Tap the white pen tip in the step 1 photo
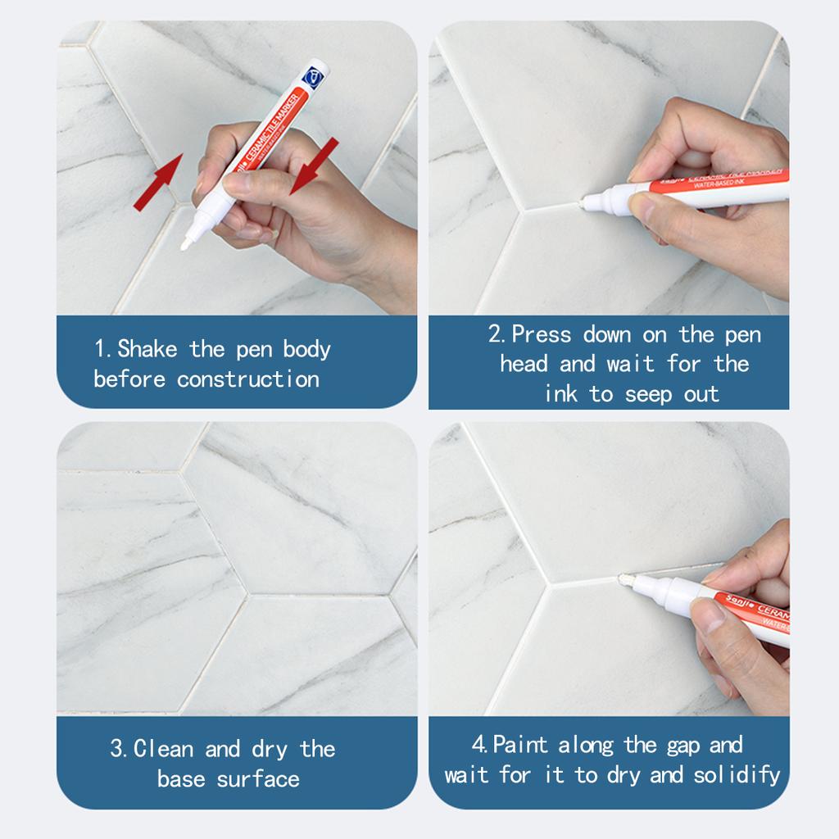187,242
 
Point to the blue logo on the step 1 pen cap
313,75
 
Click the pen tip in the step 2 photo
583,200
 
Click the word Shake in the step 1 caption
147,349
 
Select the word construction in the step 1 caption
247,379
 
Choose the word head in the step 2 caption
524,364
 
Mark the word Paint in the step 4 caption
521,745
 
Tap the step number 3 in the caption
116,749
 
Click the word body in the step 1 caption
306,349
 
